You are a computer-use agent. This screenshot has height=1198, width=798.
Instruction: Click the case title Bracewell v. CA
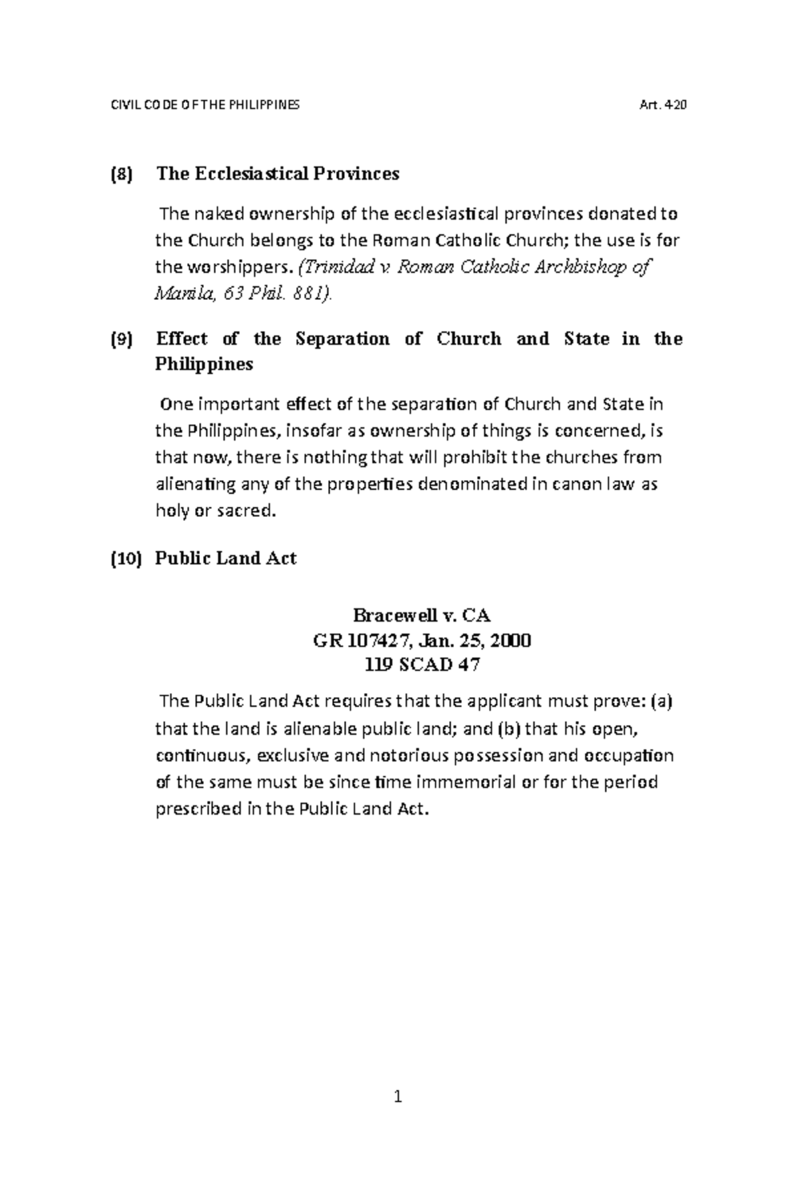coord(422,614)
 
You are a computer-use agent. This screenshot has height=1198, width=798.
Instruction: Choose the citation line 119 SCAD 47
coord(422,665)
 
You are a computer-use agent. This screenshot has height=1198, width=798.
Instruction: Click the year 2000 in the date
coord(511,641)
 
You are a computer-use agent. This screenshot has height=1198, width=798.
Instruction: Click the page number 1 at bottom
coord(398,1097)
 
